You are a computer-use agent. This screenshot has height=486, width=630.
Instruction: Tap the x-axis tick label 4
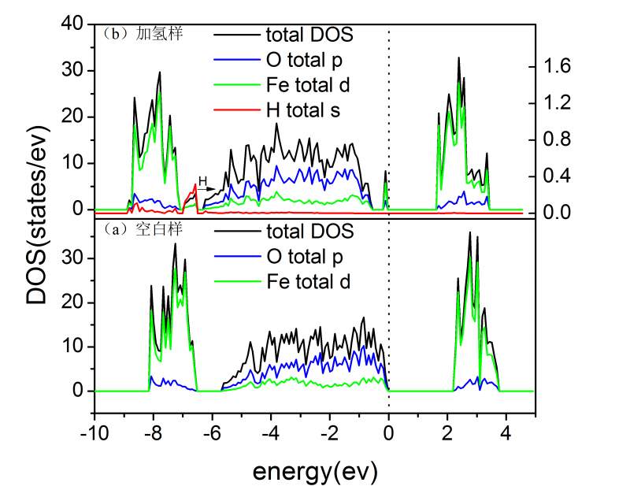click(506, 432)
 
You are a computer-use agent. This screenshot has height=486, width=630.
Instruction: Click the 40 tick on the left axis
click(72, 24)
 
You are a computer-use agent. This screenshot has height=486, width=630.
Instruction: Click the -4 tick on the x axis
click(270, 432)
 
